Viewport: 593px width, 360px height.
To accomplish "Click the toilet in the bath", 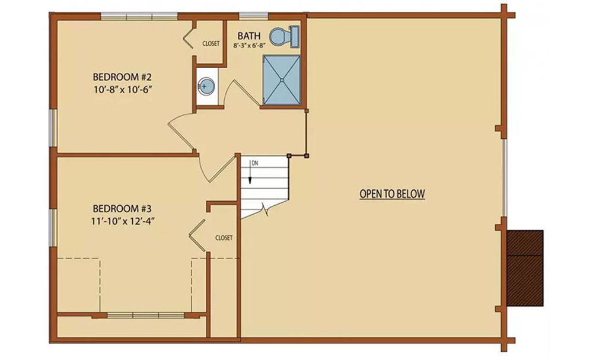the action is point(285,37).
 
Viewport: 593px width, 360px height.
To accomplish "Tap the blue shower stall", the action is point(282,80).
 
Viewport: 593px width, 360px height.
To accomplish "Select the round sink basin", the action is point(206,85).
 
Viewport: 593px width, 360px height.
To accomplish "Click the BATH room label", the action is point(249,36).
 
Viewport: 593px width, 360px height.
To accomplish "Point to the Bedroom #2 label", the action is point(122,77).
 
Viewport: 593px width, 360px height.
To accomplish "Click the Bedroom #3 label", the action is point(122,208).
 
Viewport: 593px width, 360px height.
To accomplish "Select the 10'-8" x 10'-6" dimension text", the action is point(122,90).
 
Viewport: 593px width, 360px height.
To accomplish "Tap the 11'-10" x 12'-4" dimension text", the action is point(122,221).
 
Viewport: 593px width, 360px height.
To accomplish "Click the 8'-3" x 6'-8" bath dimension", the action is point(249,45).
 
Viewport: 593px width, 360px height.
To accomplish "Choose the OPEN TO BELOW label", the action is point(392,194).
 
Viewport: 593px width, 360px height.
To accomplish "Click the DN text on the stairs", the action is point(255,163).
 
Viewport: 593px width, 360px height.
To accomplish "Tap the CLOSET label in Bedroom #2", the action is point(211,43).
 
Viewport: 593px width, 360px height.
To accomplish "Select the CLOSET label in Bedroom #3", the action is point(224,238).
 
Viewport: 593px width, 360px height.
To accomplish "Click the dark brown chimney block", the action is point(525,268).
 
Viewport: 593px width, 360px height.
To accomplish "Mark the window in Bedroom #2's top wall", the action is point(139,16).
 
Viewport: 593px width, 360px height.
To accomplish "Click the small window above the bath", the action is point(254,15).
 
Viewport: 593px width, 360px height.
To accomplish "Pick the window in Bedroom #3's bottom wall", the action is point(146,315).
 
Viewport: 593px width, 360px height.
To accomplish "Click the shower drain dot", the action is point(282,80).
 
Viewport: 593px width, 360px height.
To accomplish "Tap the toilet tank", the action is point(295,37).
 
